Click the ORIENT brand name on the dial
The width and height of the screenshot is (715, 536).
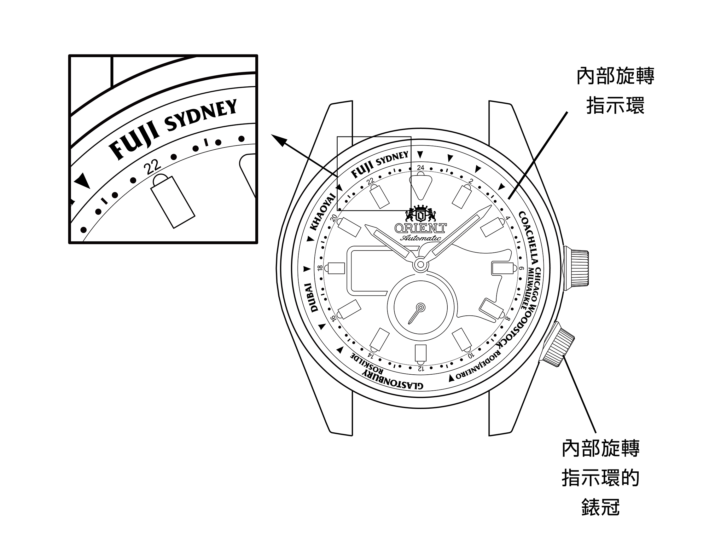pyautogui.click(x=421, y=228)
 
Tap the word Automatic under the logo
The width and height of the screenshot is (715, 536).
pyautogui.click(x=421, y=238)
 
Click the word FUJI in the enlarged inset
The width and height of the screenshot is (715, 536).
pyautogui.click(x=135, y=142)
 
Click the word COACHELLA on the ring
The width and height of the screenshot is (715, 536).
pyautogui.click(x=529, y=237)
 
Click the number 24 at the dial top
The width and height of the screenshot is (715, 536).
pyautogui.click(x=421, y=167)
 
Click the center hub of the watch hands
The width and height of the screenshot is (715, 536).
pyautogui.click(x=421, y=265)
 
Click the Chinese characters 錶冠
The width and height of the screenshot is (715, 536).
pyautogui.click(x=600, y=507)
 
